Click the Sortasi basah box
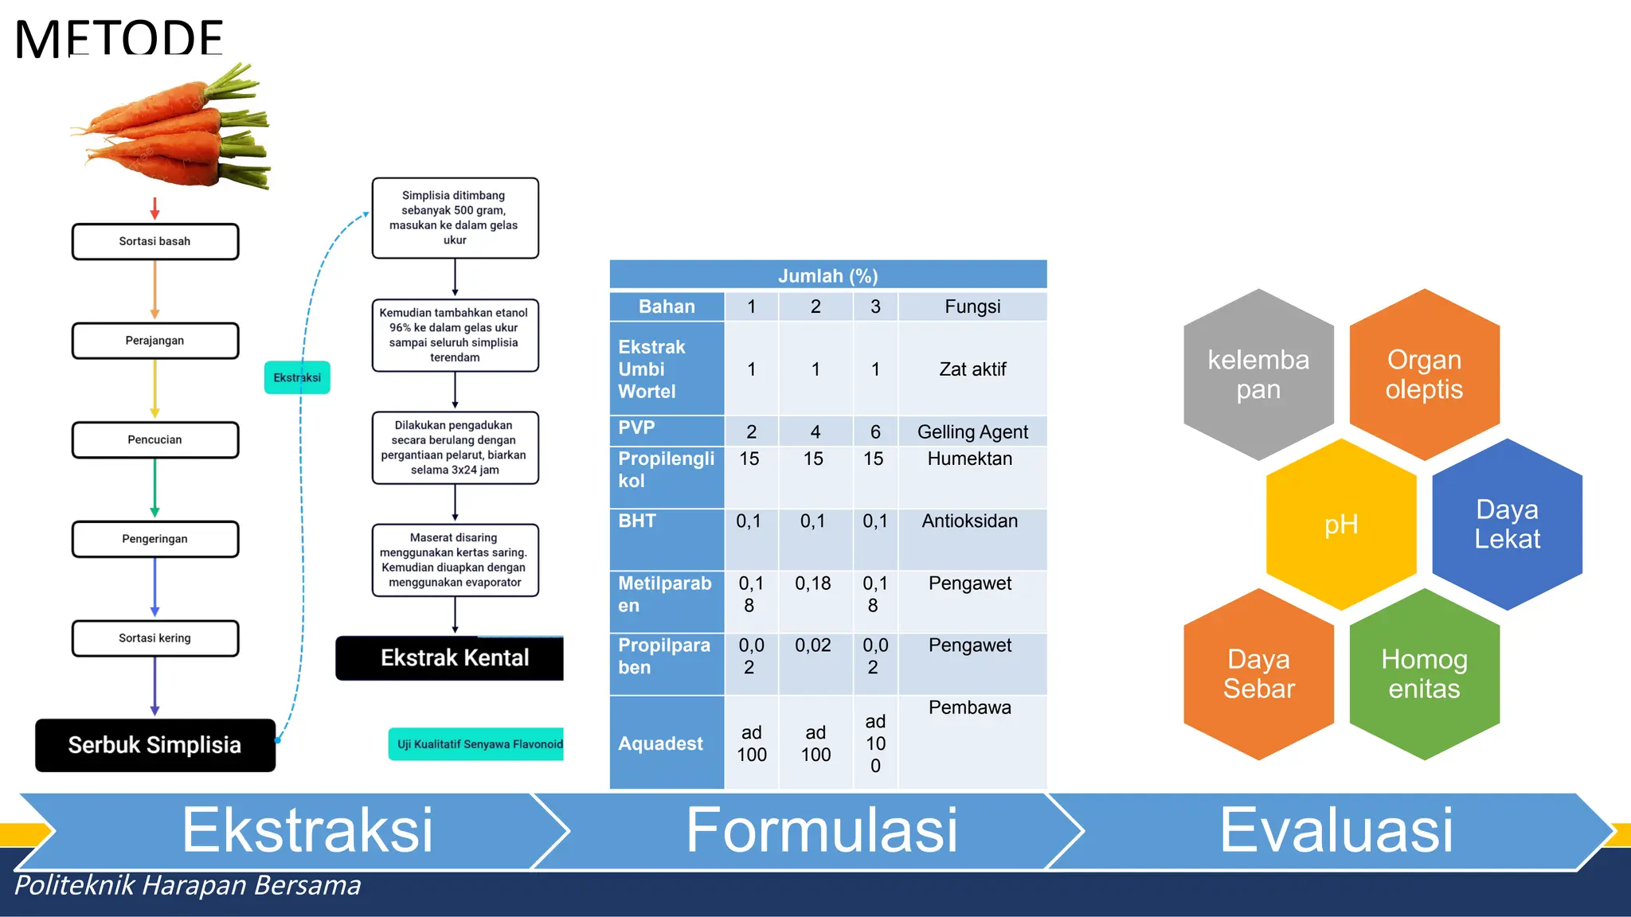pyautogui.click(x=155, y=241)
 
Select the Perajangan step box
pyautogui.click(x=155, y=341)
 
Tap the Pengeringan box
pyautogui.click(x=155, y=539)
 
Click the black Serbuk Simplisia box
pyautogui.click(x=155, y=745)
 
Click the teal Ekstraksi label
pyautogui.click(x=297, y=377)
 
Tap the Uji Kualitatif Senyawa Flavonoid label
pyautogui.click(x=478, y=744)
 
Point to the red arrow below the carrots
pyautogui.click(x=155, y=209)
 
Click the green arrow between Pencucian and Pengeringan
pyautogui.click(x=155, y=487)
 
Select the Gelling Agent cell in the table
pyautogui.click(x=972, y=432)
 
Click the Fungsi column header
pyautogui.click(x=972, y=306)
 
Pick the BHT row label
pyautogui.click(x=638, y=521)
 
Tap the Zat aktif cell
pyautogui.click(x=972, y=369)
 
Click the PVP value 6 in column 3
pyautogui.click(x=875, y=432)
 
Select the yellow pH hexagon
pyautogui.click(x=1341, y=525)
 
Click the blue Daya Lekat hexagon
pyautogui.click(x=1507, y=525)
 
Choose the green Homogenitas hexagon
pyautogui.click(x=1424, y=674)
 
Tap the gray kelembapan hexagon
pyautogui.click(x=1258, y=375)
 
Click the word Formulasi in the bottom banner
pyautogui.click(x=822, y=830)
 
